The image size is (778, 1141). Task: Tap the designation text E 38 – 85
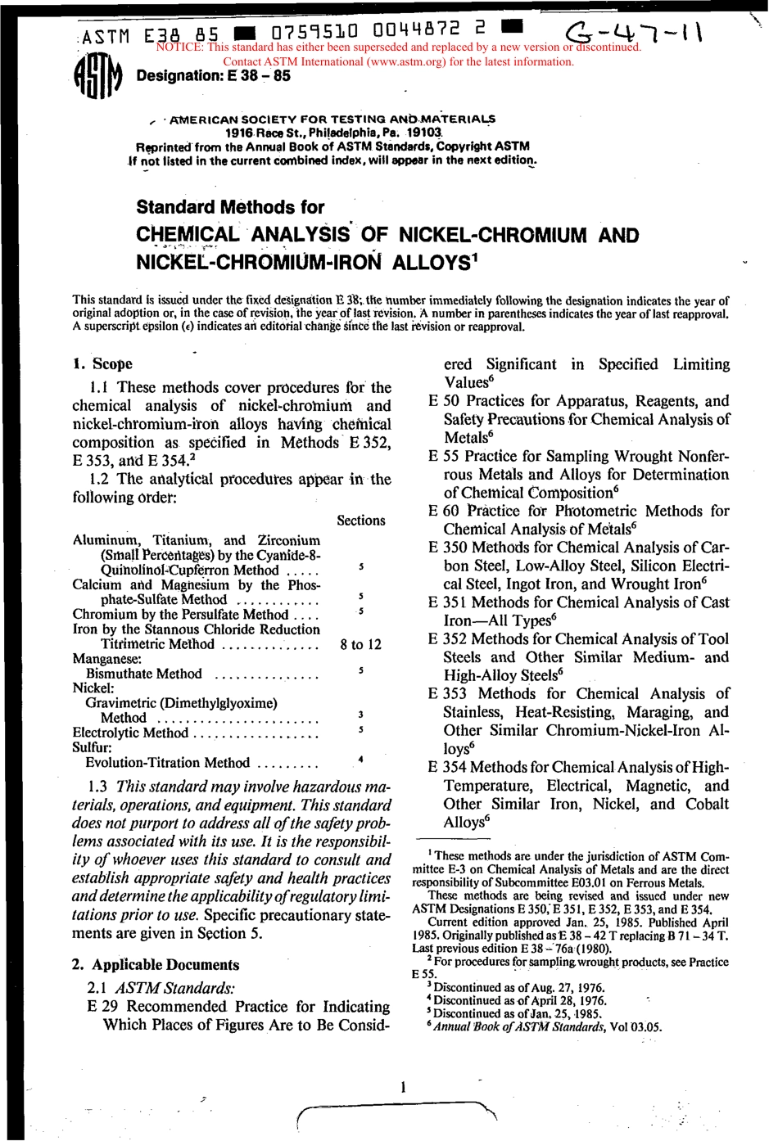(213, 76)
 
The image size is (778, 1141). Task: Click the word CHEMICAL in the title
(188, 235)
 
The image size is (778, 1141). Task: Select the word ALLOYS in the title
(431, 263)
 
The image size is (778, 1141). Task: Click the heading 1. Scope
(102, 364)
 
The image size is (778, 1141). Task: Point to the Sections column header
(360, 521)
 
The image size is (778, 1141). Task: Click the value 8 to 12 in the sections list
(360, 644)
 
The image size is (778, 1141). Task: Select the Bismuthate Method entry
(143, 674)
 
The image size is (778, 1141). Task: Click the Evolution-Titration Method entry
(167, 763)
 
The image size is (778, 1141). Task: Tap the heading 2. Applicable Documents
(156, 965)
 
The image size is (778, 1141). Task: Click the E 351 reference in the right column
(448, 602)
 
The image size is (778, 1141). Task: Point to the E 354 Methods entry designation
(448, 768)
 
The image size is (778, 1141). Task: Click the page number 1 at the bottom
(403, 1087)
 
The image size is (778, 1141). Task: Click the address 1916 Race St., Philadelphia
(334, 133)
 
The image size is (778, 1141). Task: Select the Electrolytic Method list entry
(130, 733)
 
